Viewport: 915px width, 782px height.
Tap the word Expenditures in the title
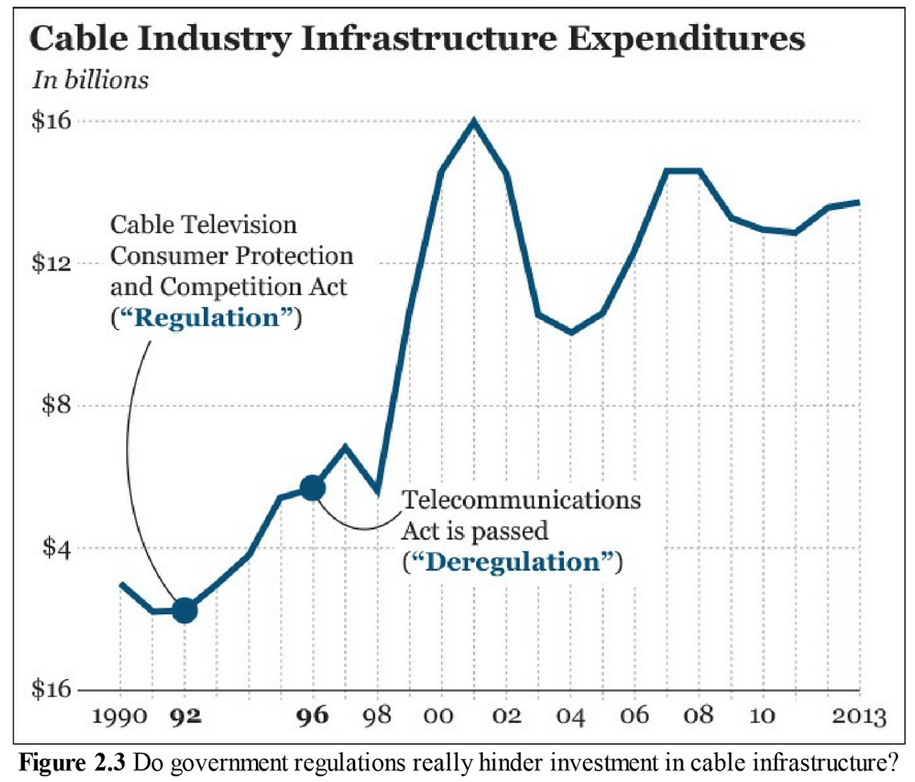click(686, 39)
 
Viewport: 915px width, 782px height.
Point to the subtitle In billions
click(90, 79)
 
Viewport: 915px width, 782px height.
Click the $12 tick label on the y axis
click(51, 263)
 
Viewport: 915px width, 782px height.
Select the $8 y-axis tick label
click(56, 406)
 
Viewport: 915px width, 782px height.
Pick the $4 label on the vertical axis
click(56, 548)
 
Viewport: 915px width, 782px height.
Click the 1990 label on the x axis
click(119, 715)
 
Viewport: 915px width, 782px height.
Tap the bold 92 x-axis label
click(185, 715)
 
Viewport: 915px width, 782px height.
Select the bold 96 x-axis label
click(312, 715)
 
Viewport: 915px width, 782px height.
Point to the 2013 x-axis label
click(859, 715)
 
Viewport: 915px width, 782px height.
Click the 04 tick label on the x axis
click(570, 715)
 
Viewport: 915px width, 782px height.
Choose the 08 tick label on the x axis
click(698, 715)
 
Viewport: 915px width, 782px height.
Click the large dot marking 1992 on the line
click(185, 610)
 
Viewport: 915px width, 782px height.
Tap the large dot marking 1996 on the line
click(312, 488)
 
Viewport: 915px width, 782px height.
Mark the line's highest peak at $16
click(474, 121)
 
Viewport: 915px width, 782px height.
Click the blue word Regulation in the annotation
click(207, 318)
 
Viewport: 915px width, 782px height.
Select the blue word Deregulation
click(513, 562)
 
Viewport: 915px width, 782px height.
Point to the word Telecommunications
click(521, 499)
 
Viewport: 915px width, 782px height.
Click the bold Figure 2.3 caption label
click(72, 763)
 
